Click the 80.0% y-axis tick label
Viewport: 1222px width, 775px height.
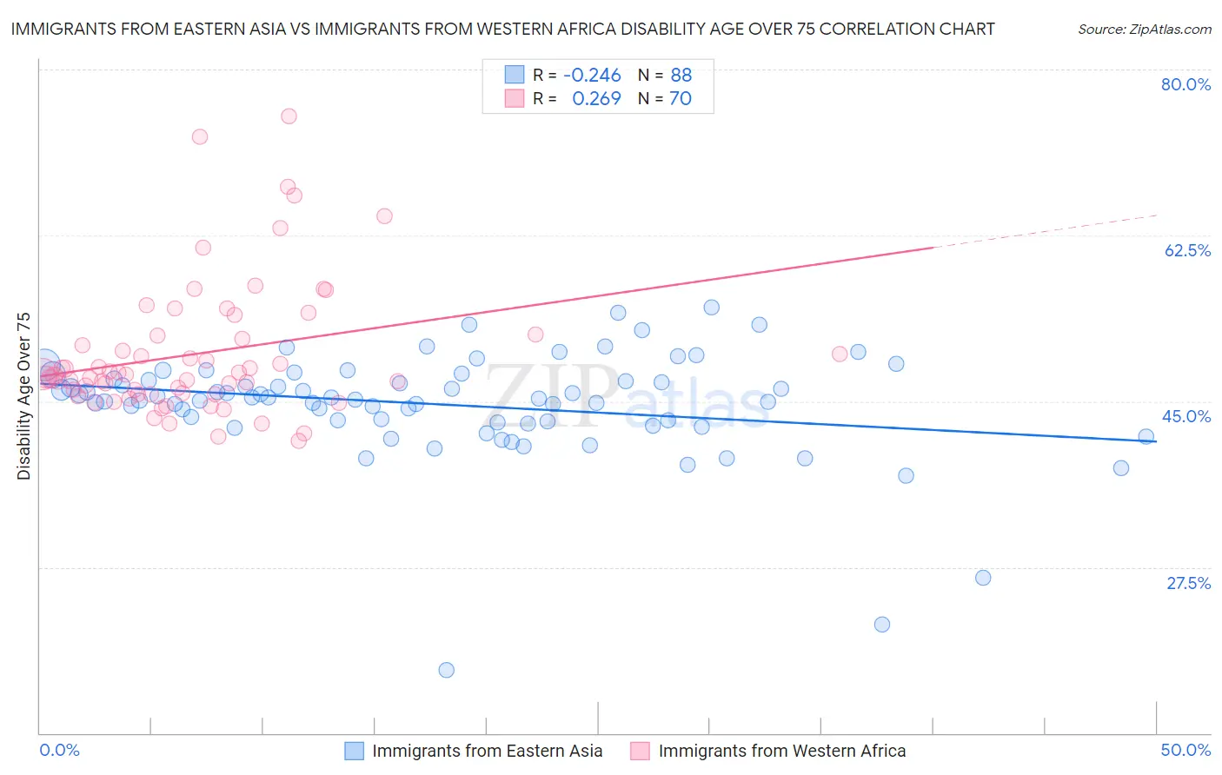point(1185,84)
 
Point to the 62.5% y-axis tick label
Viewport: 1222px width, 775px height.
point(1187,250)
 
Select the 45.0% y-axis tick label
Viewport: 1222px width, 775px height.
point(1185,416)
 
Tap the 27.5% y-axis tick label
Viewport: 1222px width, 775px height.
point(1188,583)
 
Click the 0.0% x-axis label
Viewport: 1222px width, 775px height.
point(59,750)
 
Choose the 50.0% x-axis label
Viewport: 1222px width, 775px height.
point(1185,750)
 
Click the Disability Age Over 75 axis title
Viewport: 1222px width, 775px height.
point(24,396)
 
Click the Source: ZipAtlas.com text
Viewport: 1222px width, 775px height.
point(1144,30)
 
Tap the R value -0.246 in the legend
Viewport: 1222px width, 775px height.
point(592,75)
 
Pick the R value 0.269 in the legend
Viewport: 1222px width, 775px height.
point(596,99)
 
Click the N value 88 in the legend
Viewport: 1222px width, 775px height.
point(681,75)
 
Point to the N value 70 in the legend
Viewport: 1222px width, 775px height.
point(680,99)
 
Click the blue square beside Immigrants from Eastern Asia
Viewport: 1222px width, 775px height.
point(354,751)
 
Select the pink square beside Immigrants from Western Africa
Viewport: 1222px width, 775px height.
point(640,751)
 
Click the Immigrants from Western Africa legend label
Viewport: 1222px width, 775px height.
point(781,751)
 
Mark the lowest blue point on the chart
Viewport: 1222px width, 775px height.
point(447,670)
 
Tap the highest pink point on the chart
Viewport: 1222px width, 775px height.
point(289,116)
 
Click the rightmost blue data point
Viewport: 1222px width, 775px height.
point(1146,437)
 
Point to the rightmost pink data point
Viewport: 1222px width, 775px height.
point(840,354)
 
